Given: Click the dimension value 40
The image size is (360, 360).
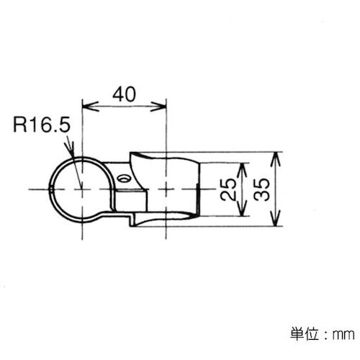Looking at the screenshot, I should coord(123,94).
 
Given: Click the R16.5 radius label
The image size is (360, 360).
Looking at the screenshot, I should coord(42,127).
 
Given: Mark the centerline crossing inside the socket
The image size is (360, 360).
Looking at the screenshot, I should coord(166,189).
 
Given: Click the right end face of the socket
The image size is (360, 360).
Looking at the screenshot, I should coord(197,189).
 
